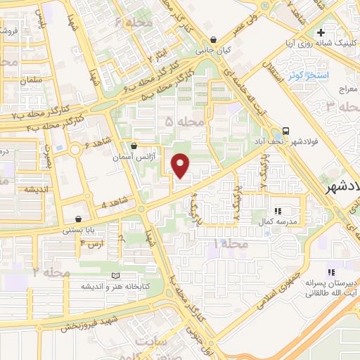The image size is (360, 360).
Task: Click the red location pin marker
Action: coord(181,165)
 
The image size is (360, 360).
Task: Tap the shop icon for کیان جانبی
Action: coord(213,39)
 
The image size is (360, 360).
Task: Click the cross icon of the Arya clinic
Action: coord(321,32)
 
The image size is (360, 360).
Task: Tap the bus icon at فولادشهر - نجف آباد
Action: coord(285,131)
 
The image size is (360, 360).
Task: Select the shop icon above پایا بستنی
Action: coord(86,218)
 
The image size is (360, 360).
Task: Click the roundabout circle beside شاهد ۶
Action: coord(75,150)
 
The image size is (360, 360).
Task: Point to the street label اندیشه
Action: coord(39,191)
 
